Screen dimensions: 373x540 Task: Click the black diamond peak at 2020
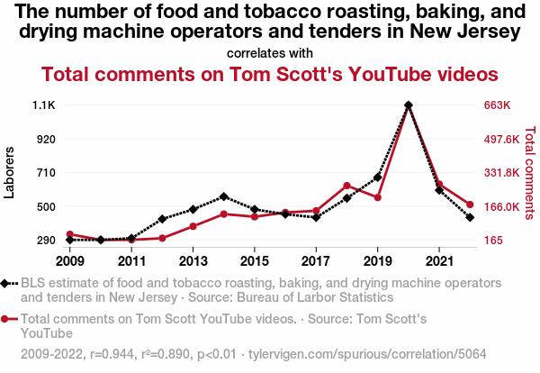(409, 105)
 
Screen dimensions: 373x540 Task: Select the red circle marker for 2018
(346, 186)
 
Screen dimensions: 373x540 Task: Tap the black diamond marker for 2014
(224, 196)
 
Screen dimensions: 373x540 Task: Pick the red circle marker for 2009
(70, 234)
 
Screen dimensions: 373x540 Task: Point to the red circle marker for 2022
(470, 205)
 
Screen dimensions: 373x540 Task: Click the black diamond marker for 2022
(470, 217)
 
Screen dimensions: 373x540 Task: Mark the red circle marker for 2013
(193, 226)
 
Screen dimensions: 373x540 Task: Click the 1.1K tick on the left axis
(44, 105)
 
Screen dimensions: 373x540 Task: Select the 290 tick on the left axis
(45, 241)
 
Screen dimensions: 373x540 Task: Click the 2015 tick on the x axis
(255, 261)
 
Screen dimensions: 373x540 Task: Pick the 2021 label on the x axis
(438, 261)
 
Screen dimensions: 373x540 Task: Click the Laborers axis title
(10, 173)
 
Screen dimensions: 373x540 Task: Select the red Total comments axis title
(529, 173)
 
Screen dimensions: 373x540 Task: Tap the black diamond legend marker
(9, 283)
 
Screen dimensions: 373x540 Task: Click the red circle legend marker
(9, 318)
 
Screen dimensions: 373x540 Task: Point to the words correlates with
(270, 53)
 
